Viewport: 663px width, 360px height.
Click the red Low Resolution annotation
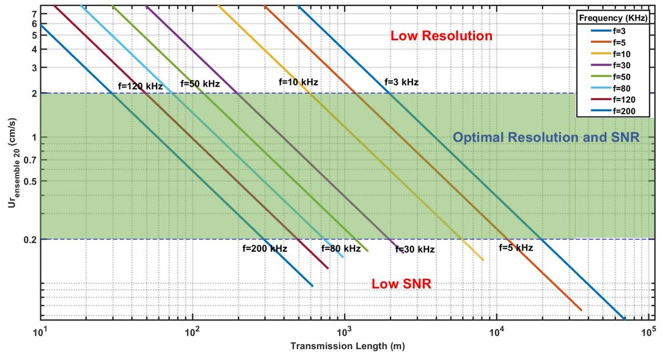441,36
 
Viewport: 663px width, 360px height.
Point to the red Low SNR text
401,284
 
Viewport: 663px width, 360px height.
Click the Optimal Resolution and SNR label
546,138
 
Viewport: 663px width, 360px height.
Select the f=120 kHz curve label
141,87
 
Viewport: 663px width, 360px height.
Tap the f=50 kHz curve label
200,84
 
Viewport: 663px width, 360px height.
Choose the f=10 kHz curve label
298,82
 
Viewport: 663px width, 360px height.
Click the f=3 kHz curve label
401,82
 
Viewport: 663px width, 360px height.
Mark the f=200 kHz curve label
265,249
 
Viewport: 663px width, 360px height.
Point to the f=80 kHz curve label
341,249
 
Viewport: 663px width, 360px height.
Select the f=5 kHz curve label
516,248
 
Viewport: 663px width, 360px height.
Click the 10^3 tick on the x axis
345,331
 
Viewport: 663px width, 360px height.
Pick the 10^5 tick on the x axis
648,331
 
